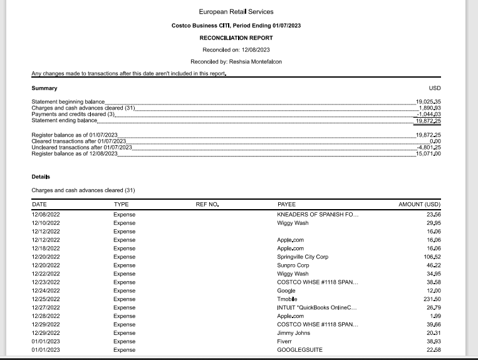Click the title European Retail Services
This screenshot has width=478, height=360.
click(236, 12)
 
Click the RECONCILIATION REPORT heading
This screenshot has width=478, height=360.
click(236, 38)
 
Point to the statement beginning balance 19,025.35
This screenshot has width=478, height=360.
click(429, 101)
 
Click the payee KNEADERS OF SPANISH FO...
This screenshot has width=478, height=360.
click(318, 215)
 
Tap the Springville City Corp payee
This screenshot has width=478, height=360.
click(303, 257)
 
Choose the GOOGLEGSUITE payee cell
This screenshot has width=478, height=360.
click(299, 350)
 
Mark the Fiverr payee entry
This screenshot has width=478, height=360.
click(284, 341)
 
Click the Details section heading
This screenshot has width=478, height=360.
click(41, 177)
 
